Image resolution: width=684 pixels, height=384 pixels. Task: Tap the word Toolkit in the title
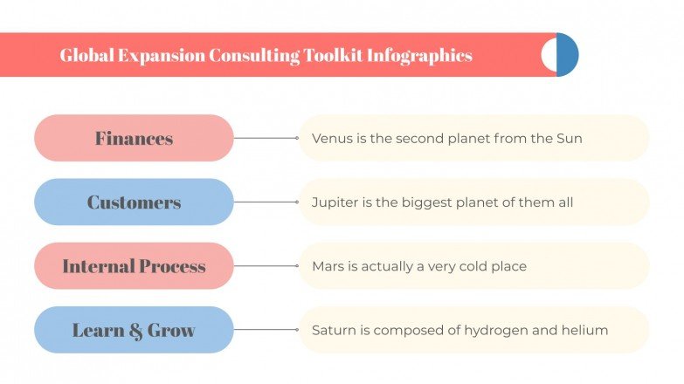[334, 55]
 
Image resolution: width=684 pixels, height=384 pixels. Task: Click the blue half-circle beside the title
[569, 55]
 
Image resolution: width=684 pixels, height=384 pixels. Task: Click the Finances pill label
[134, 138]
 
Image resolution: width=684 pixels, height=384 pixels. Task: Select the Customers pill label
[134, 202]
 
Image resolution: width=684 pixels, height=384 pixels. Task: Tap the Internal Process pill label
[134, 266]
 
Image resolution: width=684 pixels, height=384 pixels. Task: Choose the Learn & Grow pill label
[134, 330]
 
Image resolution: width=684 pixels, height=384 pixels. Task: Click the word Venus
[331, 138]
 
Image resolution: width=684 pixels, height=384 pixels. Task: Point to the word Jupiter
[335, 202]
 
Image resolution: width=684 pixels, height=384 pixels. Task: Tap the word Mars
[328, 266]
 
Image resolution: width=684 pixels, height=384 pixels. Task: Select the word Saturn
[334, 330]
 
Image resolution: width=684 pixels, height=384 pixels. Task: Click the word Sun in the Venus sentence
[569, 138]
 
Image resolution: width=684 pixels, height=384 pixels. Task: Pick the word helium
[585, 330]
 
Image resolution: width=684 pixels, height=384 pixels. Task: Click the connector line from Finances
[266, 138]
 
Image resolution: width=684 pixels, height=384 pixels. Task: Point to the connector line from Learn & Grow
[266, 330]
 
